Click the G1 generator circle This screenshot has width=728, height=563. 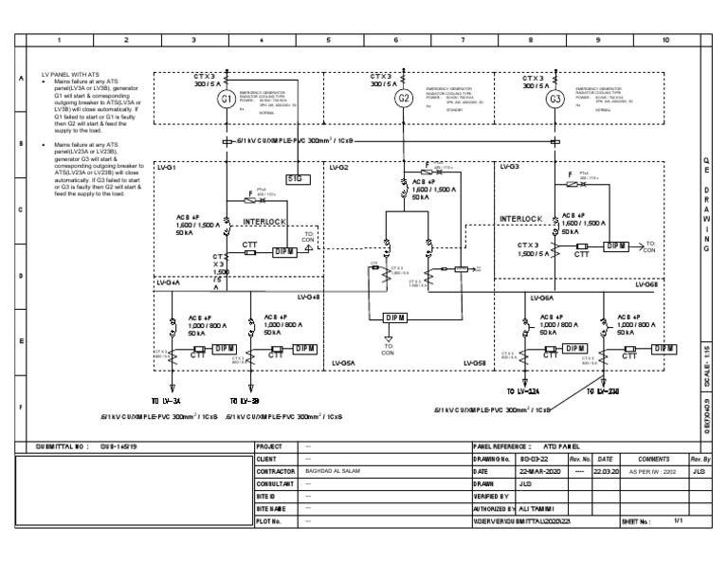(x=226, y=100)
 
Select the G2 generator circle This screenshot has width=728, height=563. (x=403, y=100)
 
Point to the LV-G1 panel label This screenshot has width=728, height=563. (x=166, y=167)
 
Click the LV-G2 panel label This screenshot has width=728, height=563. (x=339, y=167)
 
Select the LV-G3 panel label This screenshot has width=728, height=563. (x=508, y=167)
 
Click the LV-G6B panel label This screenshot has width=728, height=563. (x=645, y=284)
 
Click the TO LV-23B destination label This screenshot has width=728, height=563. (x=610, y=390)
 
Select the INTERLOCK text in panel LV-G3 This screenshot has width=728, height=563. (x=521, y=219)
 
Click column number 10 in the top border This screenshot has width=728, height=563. (x=665, y=41)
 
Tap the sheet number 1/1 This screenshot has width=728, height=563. (x=678, y=521)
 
